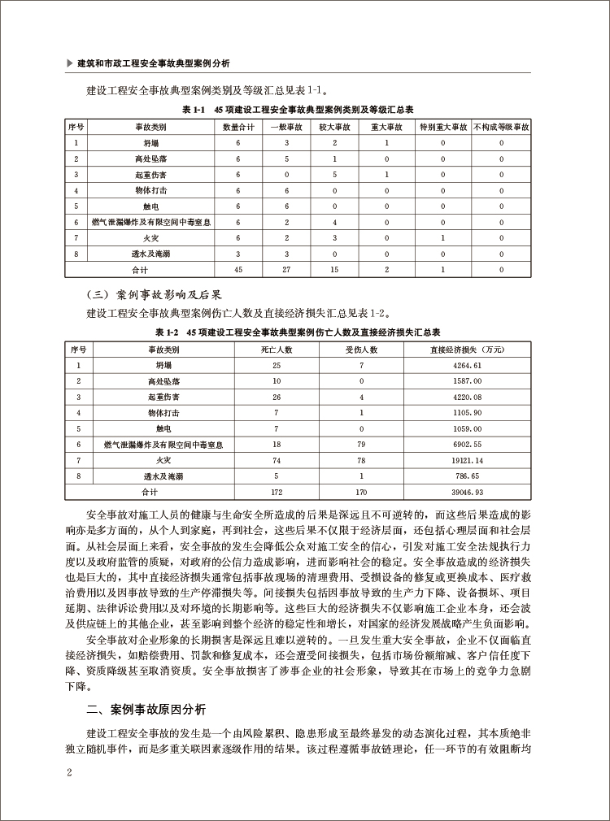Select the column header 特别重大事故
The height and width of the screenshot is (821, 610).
click(x=442, y=128)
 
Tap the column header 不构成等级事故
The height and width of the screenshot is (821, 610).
click(x=501, y=128)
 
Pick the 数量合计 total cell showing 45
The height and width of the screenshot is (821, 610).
click(x=238, y=269)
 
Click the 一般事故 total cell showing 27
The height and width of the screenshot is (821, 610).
click(x=286, y=269)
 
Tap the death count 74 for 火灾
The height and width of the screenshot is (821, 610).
click(x=277, y=461)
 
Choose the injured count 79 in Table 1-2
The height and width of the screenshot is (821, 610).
click(x=362, y=445)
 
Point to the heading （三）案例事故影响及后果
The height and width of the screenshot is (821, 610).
click(x=154, y=294)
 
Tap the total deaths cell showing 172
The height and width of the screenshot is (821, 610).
click(x=277, y=493)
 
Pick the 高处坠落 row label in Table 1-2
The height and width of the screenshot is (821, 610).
click(x=163, y=381)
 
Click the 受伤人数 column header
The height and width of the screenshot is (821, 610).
click(x=362, y=350)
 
